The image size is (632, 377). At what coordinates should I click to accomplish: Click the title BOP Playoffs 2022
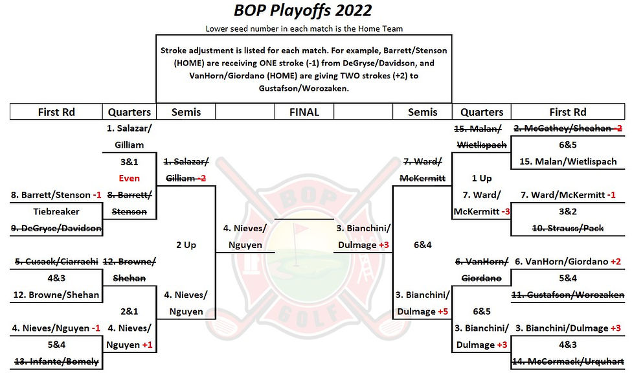[x=303, y=11]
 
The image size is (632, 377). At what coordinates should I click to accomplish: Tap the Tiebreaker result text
[x=56, y=211]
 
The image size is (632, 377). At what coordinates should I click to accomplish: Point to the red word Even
[x=130, y=177]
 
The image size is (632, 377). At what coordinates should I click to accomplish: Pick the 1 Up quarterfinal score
[x=482, y=177]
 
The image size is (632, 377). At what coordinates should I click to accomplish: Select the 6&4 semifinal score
[x=423, y=245]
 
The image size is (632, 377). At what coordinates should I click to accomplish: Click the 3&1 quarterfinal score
[x=130, y=161]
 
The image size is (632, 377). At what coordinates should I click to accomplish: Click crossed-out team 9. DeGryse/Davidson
[x=56, y=228]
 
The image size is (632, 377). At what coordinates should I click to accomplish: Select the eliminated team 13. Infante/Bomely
[x=56, y=361]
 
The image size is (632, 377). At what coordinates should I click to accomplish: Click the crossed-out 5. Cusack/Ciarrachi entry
[x=56, y=262]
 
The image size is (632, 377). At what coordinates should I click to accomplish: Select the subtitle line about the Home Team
[x=304, y=29]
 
